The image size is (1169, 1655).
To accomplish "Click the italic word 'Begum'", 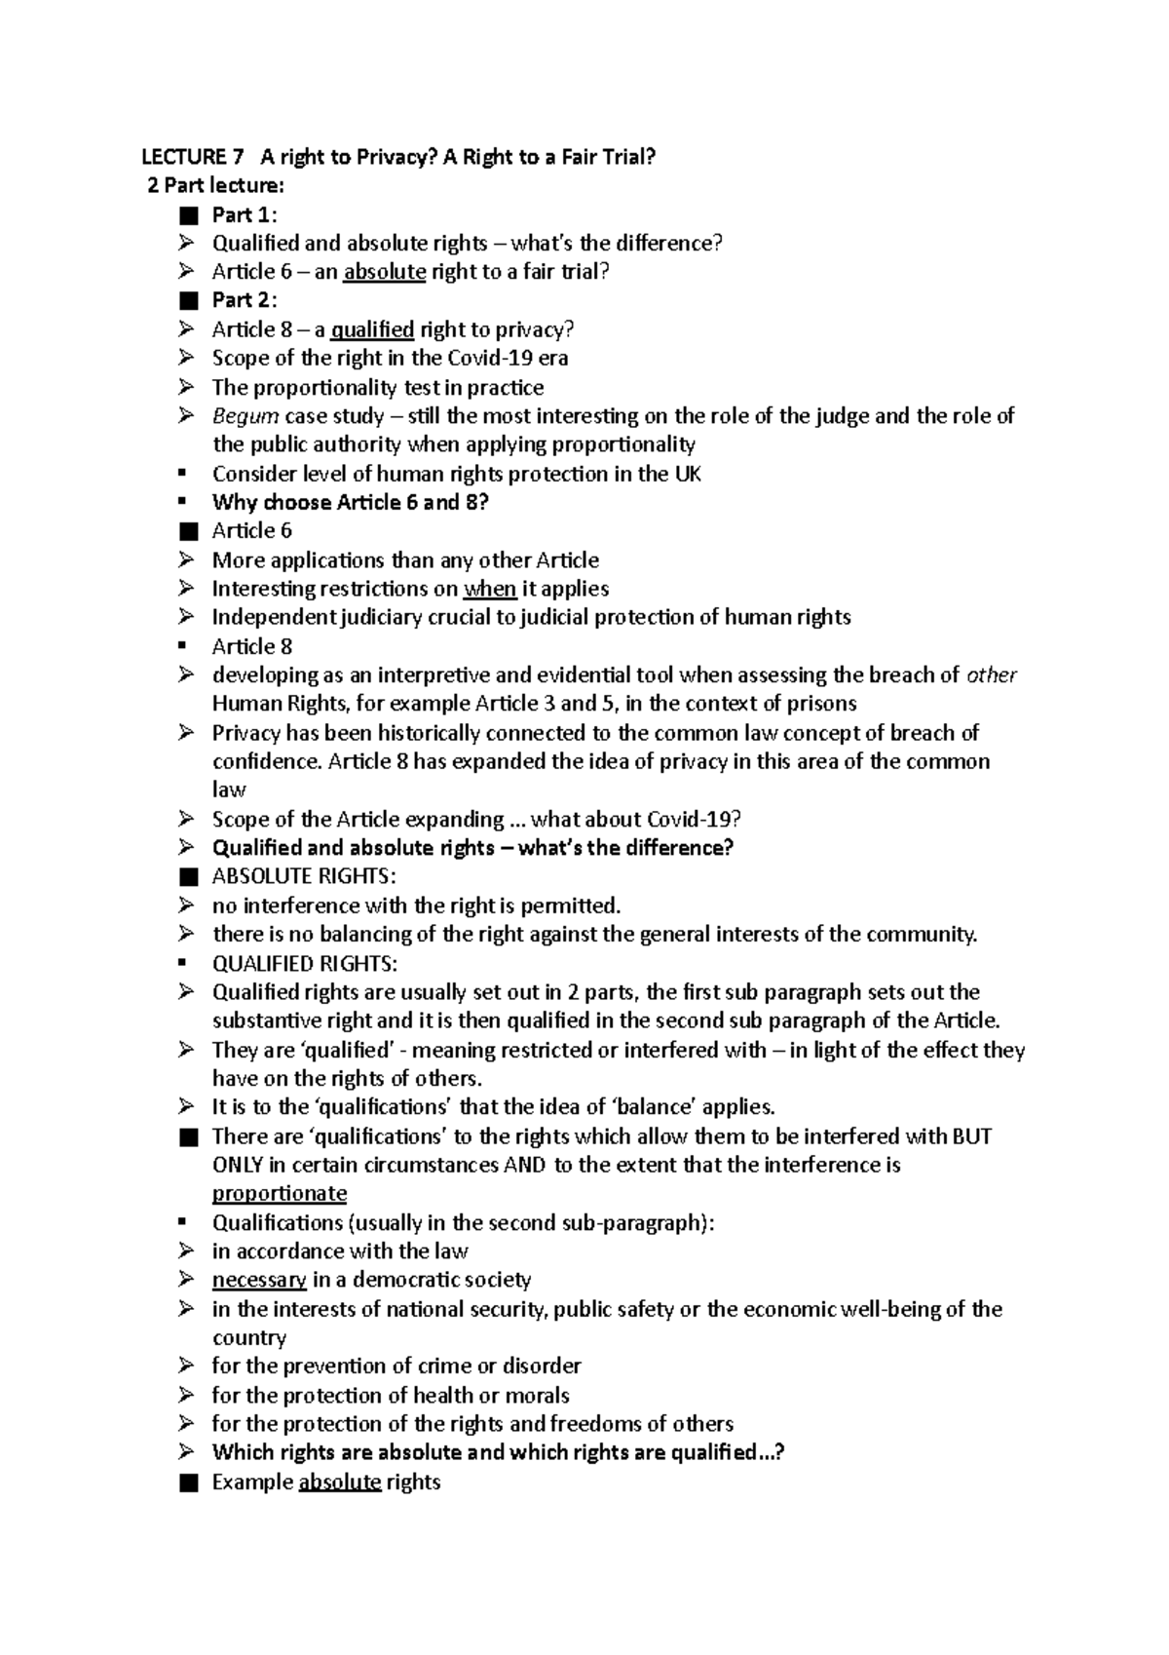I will click(x=245, y=416).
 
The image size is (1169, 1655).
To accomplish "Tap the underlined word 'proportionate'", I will click(x=280, y=1194).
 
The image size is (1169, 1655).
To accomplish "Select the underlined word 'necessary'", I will click(x=259, y=1280).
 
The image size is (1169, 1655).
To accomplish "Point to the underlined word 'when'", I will click(x=490, y=589).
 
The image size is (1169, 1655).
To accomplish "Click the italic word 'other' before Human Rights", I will click(x=991, y=675).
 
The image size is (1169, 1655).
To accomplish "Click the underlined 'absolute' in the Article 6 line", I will click(x=385, y=272).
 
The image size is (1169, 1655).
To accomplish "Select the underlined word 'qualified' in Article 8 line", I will click(x=372, y=329).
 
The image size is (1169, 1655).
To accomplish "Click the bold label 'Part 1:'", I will click(x=245, y=214).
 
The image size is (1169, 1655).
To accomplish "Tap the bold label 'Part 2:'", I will click(x=245, y=300).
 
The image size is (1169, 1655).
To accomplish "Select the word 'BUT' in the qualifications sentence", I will click(x=971, y=1136).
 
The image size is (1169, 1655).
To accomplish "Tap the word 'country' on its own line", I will click(x=249, y=1338).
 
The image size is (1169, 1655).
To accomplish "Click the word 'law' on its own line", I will click(x=229, y=790).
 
